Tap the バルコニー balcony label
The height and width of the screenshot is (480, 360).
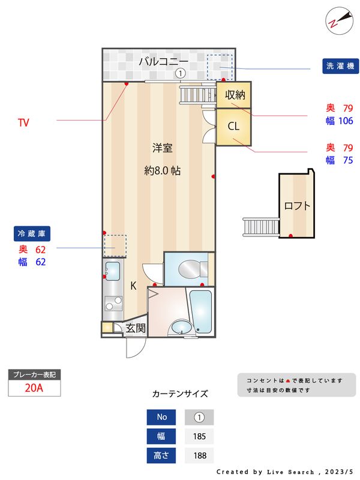pos(164,61)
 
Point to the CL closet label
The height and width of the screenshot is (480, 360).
pos(233,126)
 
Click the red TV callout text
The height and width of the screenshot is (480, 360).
pos(23,123)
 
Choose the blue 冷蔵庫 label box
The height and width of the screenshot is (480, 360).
pos(33,233)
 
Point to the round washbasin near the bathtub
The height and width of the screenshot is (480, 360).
pos(179,328)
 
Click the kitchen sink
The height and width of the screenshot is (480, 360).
pos(112,271)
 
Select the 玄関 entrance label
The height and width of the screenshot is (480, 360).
pos(135,328)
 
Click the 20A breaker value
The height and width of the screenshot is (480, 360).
pos(34,388)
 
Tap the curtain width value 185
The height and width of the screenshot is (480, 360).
pos(199,436)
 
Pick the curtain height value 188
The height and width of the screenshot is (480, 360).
pos(199,455)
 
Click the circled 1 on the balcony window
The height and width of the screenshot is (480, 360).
pos(179,73)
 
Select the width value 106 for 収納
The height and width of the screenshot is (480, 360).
pos(346,121)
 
